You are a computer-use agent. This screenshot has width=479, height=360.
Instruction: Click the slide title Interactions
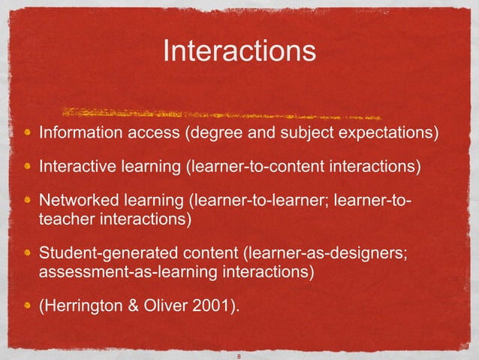239,52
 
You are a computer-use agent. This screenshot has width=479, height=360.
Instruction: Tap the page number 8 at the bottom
239,356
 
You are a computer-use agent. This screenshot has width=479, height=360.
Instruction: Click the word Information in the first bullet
75,134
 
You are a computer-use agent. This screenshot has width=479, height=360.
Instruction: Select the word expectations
387,134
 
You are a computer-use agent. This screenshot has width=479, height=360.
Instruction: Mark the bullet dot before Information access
27,134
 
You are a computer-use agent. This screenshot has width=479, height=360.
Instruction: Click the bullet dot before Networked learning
27,202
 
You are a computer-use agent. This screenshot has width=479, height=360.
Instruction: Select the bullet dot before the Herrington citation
27,307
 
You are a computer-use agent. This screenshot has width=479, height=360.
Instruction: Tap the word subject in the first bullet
299,134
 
